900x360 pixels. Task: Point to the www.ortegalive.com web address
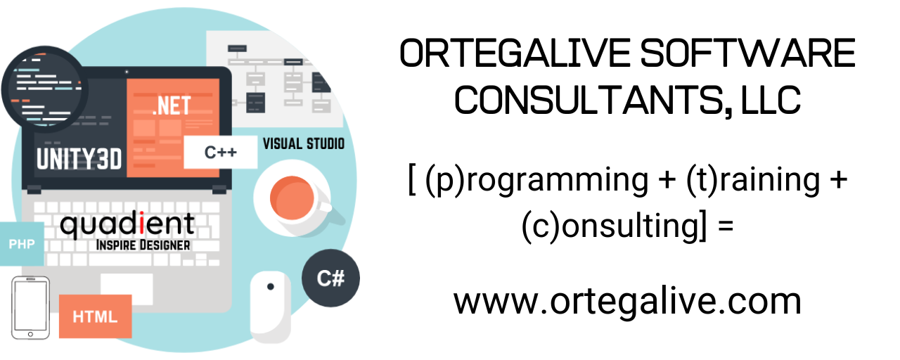click(627, 301)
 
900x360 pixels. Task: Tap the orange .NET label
click(172, 105)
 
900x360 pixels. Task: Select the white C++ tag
click(220, 152)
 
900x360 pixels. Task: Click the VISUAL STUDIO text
click(304, 143)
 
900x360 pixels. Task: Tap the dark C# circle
click(330, 278)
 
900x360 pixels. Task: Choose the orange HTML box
click(96, 316)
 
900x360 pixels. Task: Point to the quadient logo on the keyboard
click(127, 224)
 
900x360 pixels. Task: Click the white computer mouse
click(270, 305)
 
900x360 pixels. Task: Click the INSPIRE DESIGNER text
click(145, 245)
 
